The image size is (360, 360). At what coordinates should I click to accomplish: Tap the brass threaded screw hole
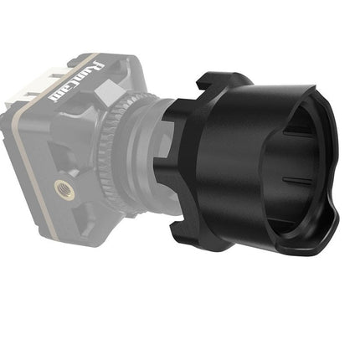pyautogui.click(x=63, y=188)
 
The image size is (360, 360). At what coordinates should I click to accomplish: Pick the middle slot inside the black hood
pyautogui.click(x=296, y=180)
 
